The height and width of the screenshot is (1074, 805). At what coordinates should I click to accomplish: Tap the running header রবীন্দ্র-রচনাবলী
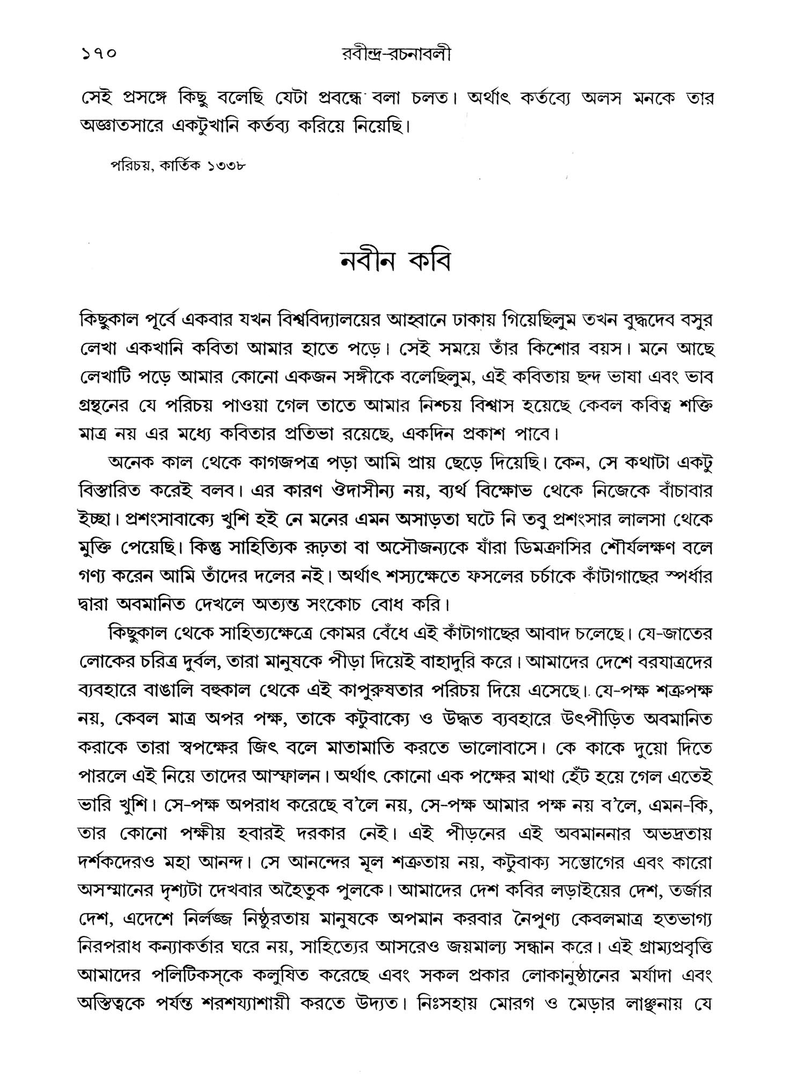(395, 54)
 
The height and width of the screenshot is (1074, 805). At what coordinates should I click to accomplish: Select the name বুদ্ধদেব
(634, 321)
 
